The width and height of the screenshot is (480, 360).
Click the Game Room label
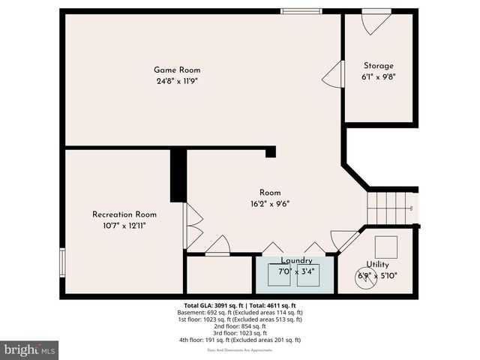click(x=178, y=70)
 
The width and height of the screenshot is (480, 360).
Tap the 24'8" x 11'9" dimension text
click(x=178, y=81)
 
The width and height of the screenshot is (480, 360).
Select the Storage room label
click(x=379, y=66)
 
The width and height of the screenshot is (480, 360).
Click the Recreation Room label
click(x=124, y=214)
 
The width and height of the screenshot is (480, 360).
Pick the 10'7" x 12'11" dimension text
click(x=124, y=225)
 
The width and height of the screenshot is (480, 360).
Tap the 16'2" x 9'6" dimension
click(x=271, y=204)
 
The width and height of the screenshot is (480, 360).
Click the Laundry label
click(x=297, y=260)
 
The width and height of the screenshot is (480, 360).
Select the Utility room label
click(x=377, y=265)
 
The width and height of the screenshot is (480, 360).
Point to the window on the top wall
click(x=301, y=11)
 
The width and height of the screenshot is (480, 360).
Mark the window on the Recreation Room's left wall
click(x=62, y=262)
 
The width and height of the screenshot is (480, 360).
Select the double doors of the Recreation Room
click(x=193, y=226)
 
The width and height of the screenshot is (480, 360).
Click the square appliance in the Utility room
click(x=386, y=247)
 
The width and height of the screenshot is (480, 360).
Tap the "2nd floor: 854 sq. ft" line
click(x=239, y=326)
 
